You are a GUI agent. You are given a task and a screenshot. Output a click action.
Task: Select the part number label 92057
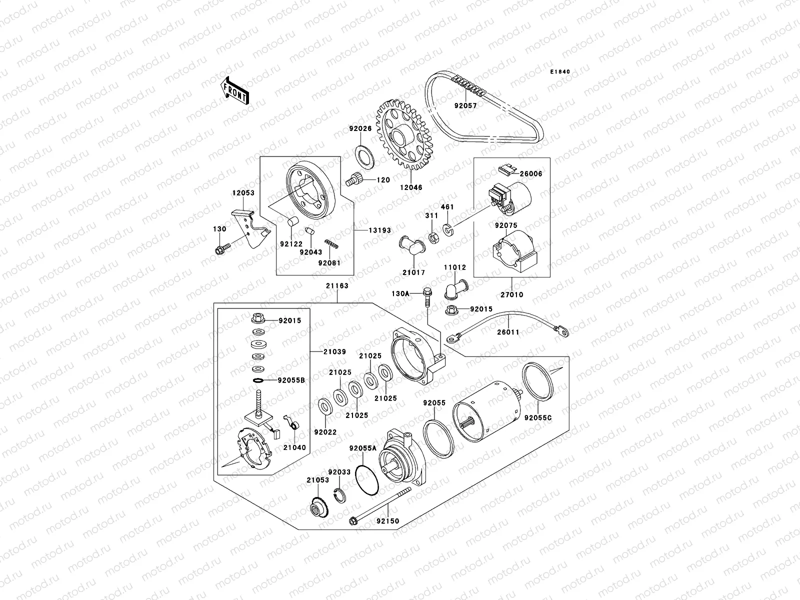(465, 106)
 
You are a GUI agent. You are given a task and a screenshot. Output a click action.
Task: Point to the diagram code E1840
(560, 72)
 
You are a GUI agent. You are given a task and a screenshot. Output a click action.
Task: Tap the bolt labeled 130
(221, 249)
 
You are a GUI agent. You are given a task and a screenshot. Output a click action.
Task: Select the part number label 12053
(243, 193)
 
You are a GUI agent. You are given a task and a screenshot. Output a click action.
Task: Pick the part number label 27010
(512, 294)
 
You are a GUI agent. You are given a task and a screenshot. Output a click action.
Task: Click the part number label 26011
(508, 332)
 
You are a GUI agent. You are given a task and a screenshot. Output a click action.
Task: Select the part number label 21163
(338, 286)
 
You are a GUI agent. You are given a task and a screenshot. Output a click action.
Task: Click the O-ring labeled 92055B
(258, 380)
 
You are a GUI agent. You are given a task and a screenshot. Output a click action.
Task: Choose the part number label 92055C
(538, 417)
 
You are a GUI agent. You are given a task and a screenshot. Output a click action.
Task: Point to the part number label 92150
(388, 521)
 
